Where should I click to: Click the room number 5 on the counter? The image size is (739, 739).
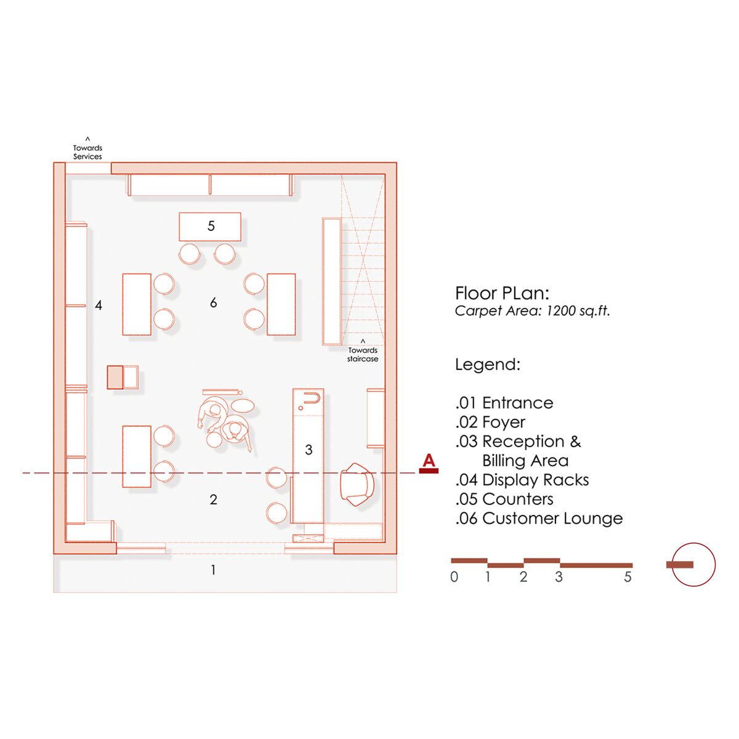tap(211, 226)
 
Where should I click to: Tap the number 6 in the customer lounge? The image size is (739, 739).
tap(213, 302)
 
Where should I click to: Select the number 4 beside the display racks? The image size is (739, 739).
tap(99, 305)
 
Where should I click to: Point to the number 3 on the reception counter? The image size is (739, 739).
tap(309, 450)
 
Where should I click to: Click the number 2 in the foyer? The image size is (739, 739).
tap(213, 499)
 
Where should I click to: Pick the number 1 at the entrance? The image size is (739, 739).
tap(213, 570)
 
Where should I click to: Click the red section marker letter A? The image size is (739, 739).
tap(429, 461)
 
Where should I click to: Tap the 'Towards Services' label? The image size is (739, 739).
tap(87, 151)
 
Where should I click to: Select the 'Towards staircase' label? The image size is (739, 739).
tap(363, 354)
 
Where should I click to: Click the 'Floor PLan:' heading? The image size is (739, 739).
tap(502, 293)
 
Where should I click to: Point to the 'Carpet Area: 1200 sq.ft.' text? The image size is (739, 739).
tap(532, 311)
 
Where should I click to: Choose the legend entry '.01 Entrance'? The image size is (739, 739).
tap(504, 403)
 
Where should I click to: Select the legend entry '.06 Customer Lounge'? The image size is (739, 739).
tap(539, 519)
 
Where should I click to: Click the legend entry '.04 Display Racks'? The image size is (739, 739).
tap(522, 480)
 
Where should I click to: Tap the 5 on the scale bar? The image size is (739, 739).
tap(628, 577)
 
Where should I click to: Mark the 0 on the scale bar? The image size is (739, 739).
tap(454, 577)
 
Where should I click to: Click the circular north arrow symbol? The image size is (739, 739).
tap(693, 564)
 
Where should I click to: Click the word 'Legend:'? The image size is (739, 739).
tap(488, 365)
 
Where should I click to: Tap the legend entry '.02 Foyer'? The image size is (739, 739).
tap(490, 422)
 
